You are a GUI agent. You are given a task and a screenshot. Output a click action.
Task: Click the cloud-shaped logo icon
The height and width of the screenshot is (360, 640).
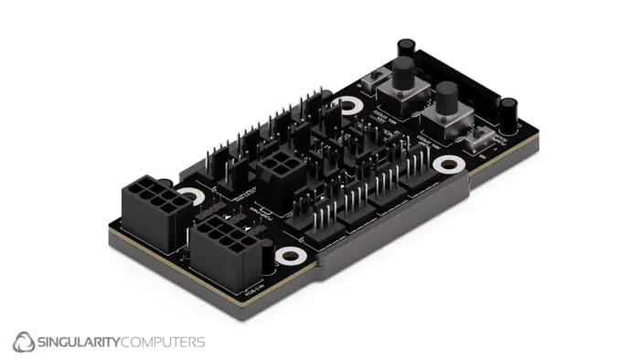click(24, 343)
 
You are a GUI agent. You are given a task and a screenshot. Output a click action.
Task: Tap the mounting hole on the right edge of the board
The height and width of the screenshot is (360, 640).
click(449, 164)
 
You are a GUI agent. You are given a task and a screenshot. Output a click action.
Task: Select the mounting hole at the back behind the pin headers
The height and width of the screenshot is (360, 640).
click(347, 106)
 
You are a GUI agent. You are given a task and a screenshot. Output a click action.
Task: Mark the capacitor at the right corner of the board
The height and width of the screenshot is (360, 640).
click(507, 111)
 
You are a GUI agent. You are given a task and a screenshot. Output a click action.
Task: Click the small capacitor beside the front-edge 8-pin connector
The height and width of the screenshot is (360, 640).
click(267, 257)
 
